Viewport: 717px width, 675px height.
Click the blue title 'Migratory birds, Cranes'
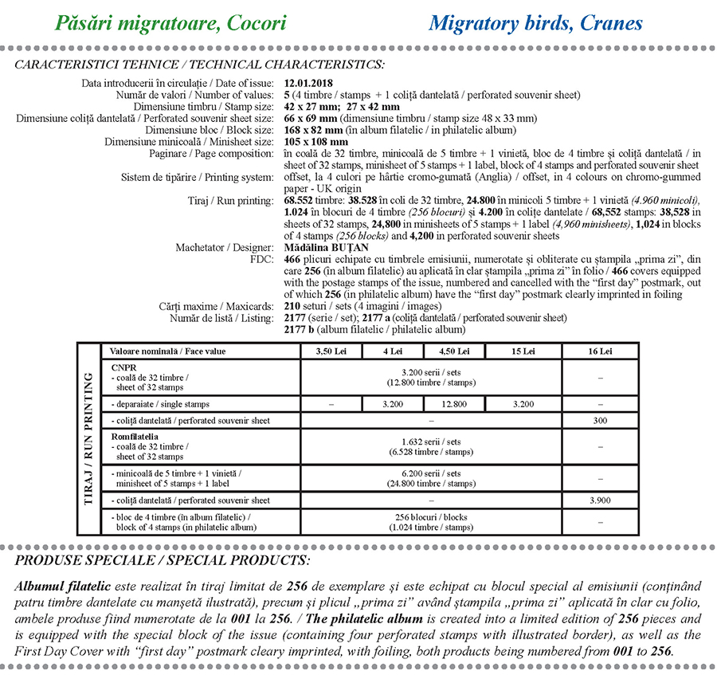535,22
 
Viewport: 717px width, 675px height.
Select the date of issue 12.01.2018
308,83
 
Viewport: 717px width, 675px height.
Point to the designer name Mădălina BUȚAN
323,248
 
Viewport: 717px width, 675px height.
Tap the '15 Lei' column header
523,351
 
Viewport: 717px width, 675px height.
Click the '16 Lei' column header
600,351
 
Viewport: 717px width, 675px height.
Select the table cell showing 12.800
454,404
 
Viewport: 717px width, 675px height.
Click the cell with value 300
600,420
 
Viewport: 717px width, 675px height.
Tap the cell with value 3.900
600,500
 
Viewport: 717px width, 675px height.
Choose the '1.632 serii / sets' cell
431,447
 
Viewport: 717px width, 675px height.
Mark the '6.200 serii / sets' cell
431,479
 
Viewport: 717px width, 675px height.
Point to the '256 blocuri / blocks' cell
431,523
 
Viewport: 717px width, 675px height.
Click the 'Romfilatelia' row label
135,437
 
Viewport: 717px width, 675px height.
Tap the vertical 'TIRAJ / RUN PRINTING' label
88,438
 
